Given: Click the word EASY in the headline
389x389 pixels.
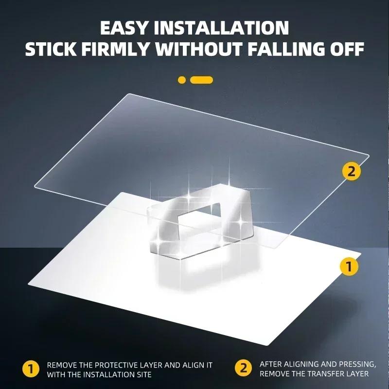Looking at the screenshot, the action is click(124, 28).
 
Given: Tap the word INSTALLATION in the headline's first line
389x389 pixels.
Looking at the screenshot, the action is click(221, 28).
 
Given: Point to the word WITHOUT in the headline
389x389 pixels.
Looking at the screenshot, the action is click(198, 49).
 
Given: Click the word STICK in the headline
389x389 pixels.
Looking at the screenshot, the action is click(51, 49).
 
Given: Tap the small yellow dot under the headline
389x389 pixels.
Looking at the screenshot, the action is click(182, 80).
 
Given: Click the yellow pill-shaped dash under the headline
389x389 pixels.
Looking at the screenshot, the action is click(201, 80).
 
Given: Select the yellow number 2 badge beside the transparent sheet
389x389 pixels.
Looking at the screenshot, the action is click(352, 171).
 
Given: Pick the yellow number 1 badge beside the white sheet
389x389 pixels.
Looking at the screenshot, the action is click(349, 266).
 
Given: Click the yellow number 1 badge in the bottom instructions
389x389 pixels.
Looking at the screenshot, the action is click(31, 369).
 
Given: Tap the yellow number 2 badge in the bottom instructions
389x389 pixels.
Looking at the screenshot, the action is click(244, 368).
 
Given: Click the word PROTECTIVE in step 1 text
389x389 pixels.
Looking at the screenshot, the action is click(116, 365).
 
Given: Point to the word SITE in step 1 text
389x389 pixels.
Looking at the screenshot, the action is click(142, 374).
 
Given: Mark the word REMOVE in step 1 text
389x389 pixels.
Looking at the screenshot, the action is click(62, 365).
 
